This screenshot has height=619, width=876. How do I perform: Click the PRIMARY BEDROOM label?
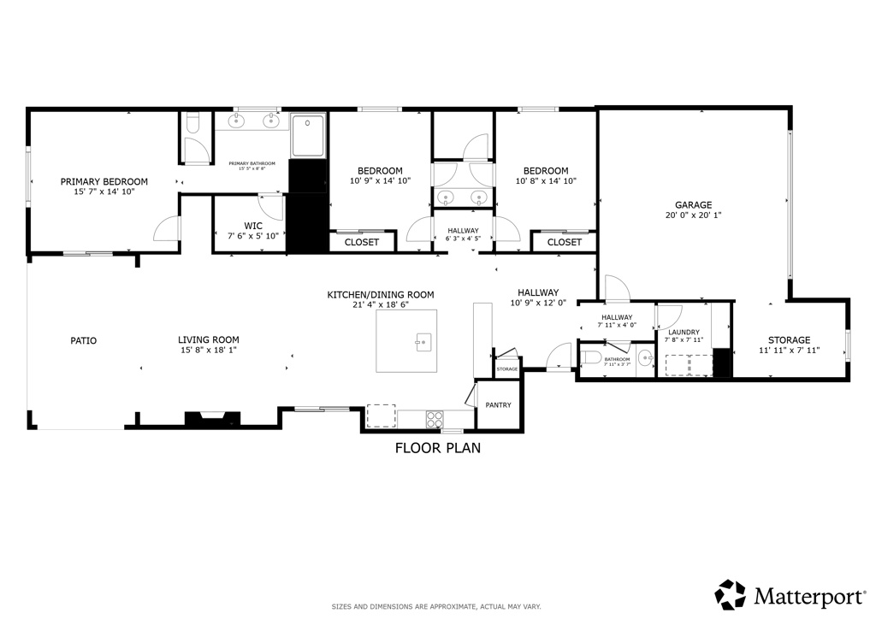104,181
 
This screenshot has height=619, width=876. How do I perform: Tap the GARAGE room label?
693,205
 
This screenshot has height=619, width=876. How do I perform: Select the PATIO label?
83,340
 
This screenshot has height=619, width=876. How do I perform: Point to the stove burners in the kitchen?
435,419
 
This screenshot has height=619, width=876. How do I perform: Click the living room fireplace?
206,419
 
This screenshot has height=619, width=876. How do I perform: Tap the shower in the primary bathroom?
308,136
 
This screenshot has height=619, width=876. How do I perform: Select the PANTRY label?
498,405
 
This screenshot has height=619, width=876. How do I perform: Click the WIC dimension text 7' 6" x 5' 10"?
247,236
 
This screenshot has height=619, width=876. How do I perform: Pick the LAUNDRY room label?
684,333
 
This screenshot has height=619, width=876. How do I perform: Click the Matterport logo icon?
730,594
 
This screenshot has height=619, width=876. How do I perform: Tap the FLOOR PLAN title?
437,448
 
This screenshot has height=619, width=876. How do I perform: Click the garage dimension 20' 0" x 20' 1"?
693,216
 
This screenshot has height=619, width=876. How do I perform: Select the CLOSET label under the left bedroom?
361,243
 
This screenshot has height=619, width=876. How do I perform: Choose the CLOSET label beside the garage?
564,243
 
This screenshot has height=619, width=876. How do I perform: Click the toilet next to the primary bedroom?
192,126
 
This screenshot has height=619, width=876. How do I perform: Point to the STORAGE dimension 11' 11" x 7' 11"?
789,351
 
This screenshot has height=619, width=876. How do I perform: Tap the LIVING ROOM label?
208,339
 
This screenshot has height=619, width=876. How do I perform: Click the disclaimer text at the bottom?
436,607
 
